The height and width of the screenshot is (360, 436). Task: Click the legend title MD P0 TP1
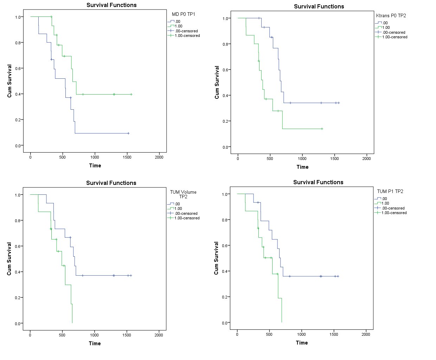tap(183, 14)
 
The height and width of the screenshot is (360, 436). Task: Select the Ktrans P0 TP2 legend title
tap(391, 15)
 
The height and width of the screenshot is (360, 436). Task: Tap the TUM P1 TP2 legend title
tap(390, 191)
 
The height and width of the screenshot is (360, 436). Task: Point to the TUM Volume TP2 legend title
tap(183, 194)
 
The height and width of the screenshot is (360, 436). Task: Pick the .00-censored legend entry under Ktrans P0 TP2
tap(393, 32)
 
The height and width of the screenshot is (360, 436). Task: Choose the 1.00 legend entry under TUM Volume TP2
tap(178, 208)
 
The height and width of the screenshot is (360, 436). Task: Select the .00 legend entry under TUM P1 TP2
tap(384, 199)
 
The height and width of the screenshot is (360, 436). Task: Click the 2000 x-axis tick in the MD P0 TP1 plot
tap(159, 157)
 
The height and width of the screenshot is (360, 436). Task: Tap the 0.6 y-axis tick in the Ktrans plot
tap(225, 70)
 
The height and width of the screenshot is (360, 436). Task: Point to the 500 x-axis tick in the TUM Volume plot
tap(62, 335)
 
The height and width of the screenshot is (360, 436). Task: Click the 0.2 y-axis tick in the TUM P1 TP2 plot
tap(225, 297)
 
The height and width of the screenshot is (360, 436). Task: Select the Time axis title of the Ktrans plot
tap(302, 167)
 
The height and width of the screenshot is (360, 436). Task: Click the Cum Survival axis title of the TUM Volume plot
tap(9, 259)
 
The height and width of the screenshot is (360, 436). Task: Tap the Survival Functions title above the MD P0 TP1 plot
tap(111, 5)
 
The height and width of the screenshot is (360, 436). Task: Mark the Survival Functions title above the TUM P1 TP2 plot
tap(318, 182)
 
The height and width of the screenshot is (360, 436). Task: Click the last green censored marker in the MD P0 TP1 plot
tap(131, 94)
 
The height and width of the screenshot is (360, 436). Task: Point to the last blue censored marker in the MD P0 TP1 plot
tap(128, 133)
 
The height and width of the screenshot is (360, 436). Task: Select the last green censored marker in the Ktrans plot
tap(322, 129)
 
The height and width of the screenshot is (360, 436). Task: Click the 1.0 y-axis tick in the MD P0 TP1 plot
tap(19, 17)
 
